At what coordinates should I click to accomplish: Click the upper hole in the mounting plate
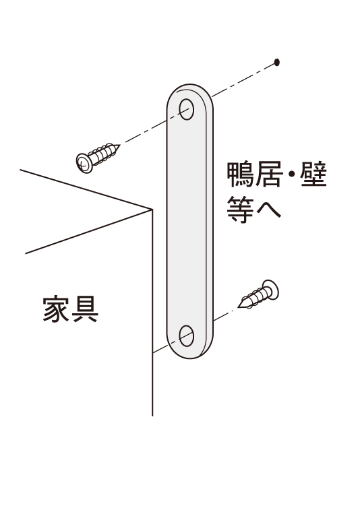[187, 109]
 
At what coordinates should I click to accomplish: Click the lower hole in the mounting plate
[187, 335]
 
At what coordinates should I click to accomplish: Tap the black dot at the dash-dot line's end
[276, 62]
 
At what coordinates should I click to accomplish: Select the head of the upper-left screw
[84, 163]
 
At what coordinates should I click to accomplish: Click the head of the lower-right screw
[270, 289]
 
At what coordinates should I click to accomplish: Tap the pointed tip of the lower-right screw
[239, 307]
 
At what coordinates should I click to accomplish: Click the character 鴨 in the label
[241, 174]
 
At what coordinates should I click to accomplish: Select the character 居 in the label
[268, 174]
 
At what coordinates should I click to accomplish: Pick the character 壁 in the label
[313, 174]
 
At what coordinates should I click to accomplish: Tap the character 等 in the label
[241, 210]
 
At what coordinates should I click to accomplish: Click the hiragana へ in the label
[268, 211]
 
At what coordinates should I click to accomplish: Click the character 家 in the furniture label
[56, 309]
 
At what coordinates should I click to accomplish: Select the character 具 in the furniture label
[85, 309]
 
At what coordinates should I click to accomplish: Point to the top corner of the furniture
[152, 209]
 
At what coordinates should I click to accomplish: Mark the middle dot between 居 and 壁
[291, 174]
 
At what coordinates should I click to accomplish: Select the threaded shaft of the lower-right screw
[254, 298]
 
